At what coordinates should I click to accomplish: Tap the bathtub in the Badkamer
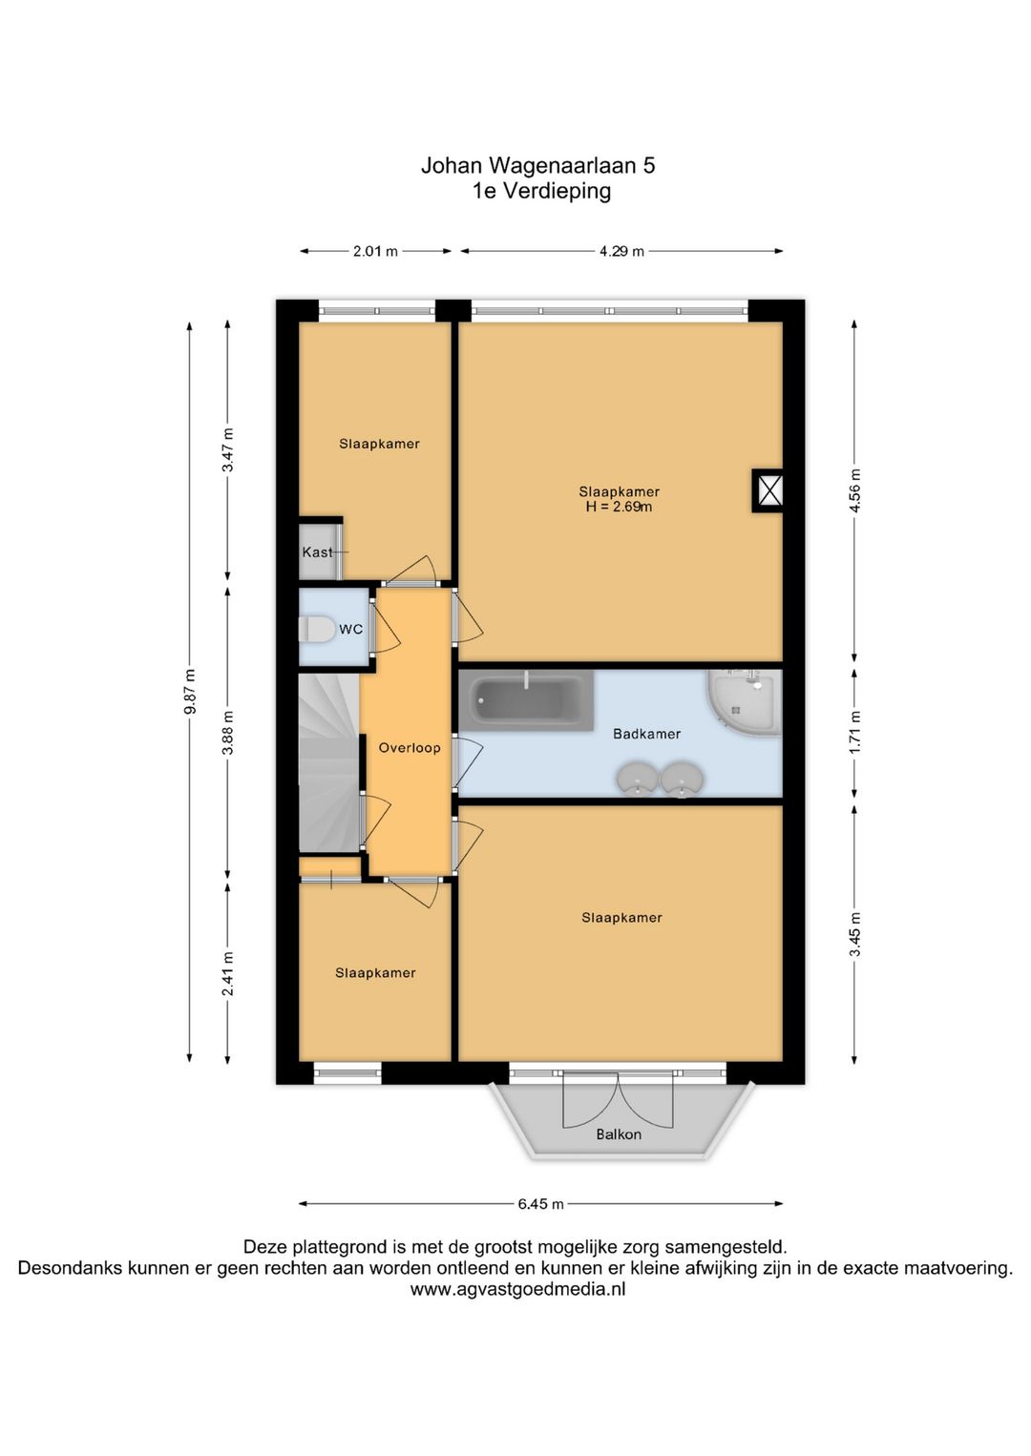coord(526,700)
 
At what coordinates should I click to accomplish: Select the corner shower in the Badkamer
coord(745,703)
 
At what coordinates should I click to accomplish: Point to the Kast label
coord(318,551)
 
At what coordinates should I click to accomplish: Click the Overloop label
coord(410,747)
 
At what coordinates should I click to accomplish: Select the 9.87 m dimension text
coord(189,691)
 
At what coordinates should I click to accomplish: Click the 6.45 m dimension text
coord(540,1204)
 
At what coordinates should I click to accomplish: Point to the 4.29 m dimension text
coord(621,251)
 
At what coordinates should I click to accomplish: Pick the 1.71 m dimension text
coord(855,732)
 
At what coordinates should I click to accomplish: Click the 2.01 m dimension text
coord(375,251)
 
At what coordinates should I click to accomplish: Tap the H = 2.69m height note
coord(619,507)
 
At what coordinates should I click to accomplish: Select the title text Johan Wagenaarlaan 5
coord(538,166)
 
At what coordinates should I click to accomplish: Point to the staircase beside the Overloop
coord(329,762)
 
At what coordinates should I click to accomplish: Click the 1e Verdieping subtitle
coord(542,192)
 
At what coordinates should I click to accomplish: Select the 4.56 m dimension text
coord(855,490)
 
